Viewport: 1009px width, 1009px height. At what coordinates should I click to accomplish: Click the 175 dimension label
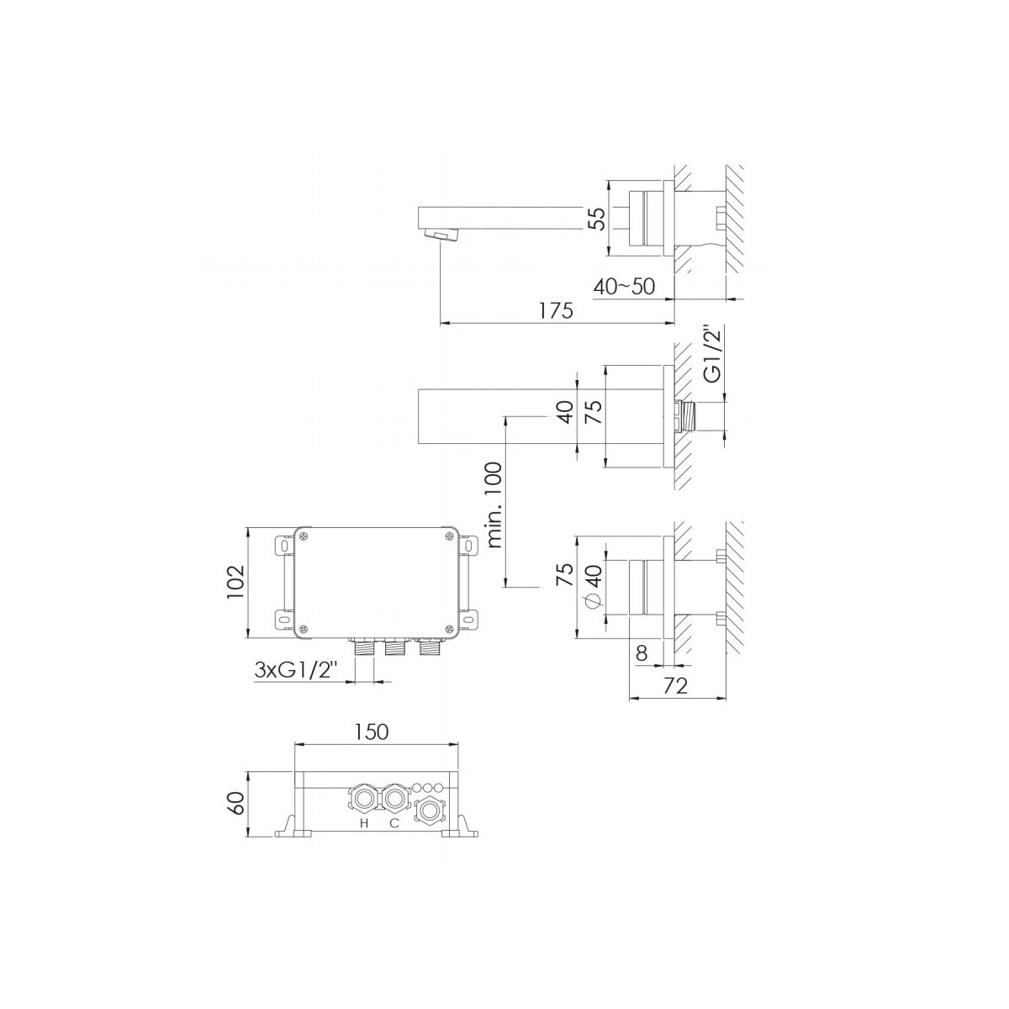click(x=556, y=310)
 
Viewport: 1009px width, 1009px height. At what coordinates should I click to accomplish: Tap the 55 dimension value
click(x=596, y=219)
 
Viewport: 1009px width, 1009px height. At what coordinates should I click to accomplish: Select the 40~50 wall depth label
click(x=624, y=287)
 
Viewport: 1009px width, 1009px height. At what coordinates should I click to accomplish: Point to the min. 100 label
click(x=494, y=504)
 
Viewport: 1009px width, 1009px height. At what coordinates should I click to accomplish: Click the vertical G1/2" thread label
click(x=713, y=354)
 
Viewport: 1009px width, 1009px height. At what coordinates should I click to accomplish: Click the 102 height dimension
click(x=235, y=582)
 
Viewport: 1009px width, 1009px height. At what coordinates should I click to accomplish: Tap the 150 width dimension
click(x=372, y=732)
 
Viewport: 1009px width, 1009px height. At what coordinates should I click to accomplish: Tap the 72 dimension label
click(x=675, y=685)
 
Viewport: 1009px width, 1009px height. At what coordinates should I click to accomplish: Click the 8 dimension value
click(x=642, y=653)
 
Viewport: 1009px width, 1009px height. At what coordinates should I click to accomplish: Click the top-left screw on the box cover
click(x=304, y=536)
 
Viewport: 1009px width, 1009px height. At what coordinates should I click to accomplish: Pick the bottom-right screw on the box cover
click(x=448, y=630)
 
